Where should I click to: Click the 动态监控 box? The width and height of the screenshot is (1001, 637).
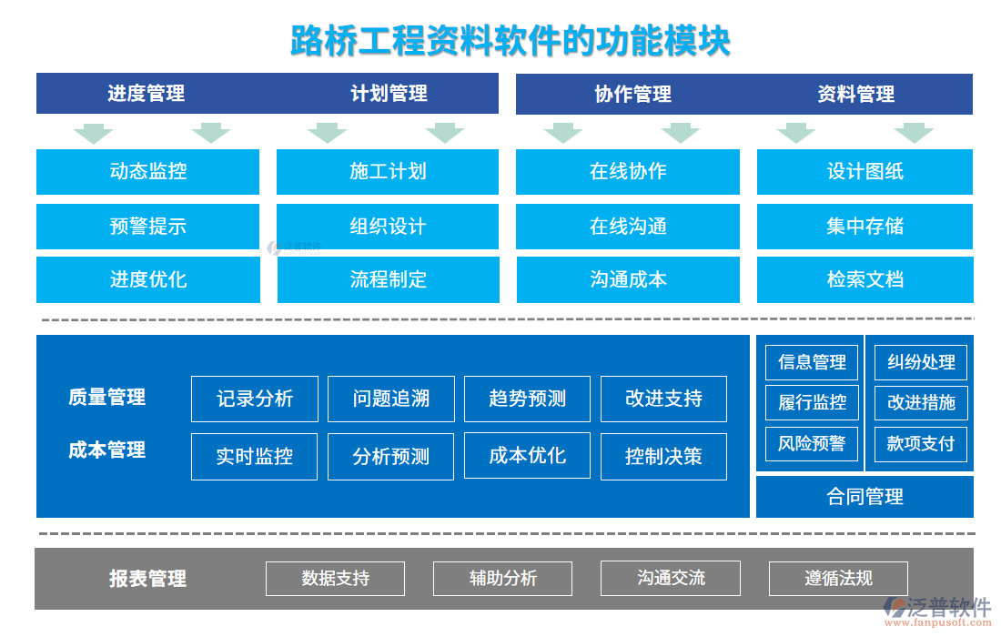(x=147, y=171)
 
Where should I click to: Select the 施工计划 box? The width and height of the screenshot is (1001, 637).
(x=388, y=171)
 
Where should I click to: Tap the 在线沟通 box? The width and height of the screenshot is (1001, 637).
(x=628, y=226)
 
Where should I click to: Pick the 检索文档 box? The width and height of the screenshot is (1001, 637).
(x=864, y=279)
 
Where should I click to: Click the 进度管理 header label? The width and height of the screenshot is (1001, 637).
(x=147, y=94)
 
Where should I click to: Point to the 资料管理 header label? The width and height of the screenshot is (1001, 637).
(x=855, y=94)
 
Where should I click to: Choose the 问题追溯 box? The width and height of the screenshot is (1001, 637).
(x=390, y=399)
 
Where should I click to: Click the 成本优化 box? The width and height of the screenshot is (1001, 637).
(x=527, y=456)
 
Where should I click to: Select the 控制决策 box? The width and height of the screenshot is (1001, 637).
(x=663, y=456)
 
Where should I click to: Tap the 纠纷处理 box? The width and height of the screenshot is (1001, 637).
(x=921, y=362)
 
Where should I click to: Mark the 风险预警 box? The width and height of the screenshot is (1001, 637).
(x=812, y=444)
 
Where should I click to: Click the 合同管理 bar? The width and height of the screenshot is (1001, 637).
(x=864, y=497)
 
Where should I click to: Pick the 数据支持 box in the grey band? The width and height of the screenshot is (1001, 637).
(x=336, y=578)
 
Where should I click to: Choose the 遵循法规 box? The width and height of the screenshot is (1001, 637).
(x=838, y=578)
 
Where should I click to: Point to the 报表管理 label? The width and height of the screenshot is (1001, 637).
(x=147, y=578)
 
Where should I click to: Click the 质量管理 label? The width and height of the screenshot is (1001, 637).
(x=106, y=398)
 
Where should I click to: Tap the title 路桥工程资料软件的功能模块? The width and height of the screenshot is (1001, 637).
(x=510, y=42)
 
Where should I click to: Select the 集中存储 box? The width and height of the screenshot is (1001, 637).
(x=864, y=226)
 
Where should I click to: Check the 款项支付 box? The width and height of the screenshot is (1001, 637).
(x=921, y=444)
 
